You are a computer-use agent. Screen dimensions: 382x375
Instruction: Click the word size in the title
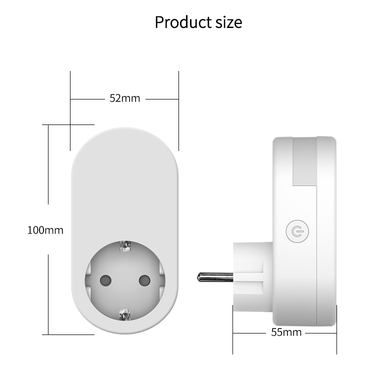tap(227, 22)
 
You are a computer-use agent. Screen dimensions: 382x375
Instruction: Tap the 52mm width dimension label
tap(125, 98)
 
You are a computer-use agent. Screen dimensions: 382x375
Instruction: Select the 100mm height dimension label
tap(45, 230)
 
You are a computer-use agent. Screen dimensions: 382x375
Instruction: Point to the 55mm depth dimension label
tap(286, 332)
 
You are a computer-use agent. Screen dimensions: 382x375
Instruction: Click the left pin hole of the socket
tap(106, 280)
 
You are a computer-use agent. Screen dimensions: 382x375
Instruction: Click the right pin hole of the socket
tap(144, 280)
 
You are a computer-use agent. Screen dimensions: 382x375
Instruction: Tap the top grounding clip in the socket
tap(124, 246)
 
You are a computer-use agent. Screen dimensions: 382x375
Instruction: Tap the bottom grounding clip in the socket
tap(124, 314)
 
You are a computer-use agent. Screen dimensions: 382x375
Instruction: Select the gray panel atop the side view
tap(304, 160)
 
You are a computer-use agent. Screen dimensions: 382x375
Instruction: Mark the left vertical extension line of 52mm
tap(70, 110)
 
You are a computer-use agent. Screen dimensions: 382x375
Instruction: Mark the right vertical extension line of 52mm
tap(178, 110)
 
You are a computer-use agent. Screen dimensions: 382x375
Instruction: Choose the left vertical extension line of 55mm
tap(233, 335)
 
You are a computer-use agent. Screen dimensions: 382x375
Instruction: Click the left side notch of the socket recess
tap(88, 280)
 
